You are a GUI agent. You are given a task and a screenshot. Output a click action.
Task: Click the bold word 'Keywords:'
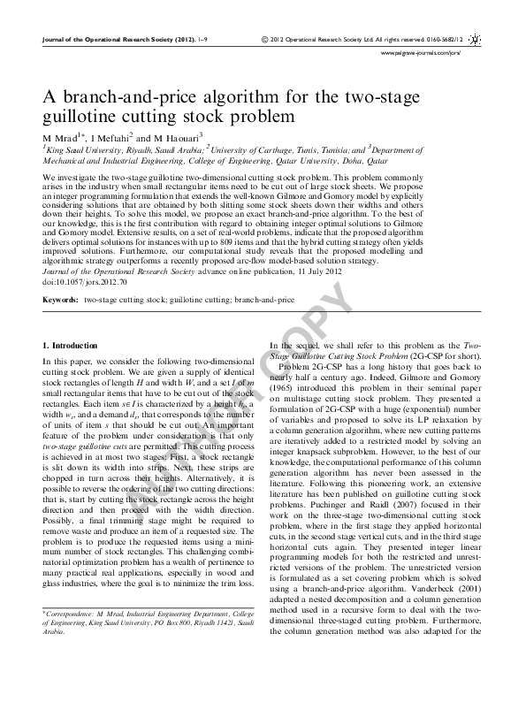pyautogui.click(x=60, y=300)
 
